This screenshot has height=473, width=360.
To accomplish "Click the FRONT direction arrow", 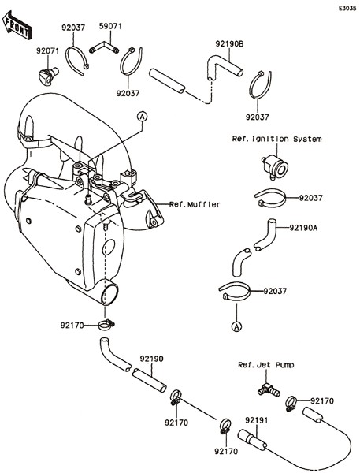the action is point(17,25).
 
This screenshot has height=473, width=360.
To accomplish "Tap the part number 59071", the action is point(110,26).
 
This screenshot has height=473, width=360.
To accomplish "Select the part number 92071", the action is point(47,50).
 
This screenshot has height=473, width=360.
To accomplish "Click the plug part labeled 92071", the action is point(48,76).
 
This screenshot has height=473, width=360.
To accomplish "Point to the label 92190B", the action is point(229,43).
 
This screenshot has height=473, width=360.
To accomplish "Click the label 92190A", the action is point(303,228).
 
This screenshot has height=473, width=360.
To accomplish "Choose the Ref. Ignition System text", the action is point(276,139).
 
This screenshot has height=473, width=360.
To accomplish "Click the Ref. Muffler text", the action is point(195,204).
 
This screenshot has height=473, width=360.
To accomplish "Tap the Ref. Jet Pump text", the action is point(266,365).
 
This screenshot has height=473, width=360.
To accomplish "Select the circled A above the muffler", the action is point(142,117).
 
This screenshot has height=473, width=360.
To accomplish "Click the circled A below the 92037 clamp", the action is point(236,326).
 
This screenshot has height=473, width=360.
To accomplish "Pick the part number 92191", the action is point(256,420).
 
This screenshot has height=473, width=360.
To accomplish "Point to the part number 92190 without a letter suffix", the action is point(152,359).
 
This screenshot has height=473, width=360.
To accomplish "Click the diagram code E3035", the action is point(347,9).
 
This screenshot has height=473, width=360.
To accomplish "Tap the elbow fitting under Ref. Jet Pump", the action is point(269,389).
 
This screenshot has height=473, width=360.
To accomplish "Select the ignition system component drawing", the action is point(275,166).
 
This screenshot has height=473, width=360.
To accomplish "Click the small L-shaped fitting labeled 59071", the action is point(104,48).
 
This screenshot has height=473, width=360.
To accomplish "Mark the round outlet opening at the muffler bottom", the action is point(109,294).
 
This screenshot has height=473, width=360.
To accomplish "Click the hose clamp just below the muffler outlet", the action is point(106,325).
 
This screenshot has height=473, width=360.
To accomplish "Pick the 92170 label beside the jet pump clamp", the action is point(322,401).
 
